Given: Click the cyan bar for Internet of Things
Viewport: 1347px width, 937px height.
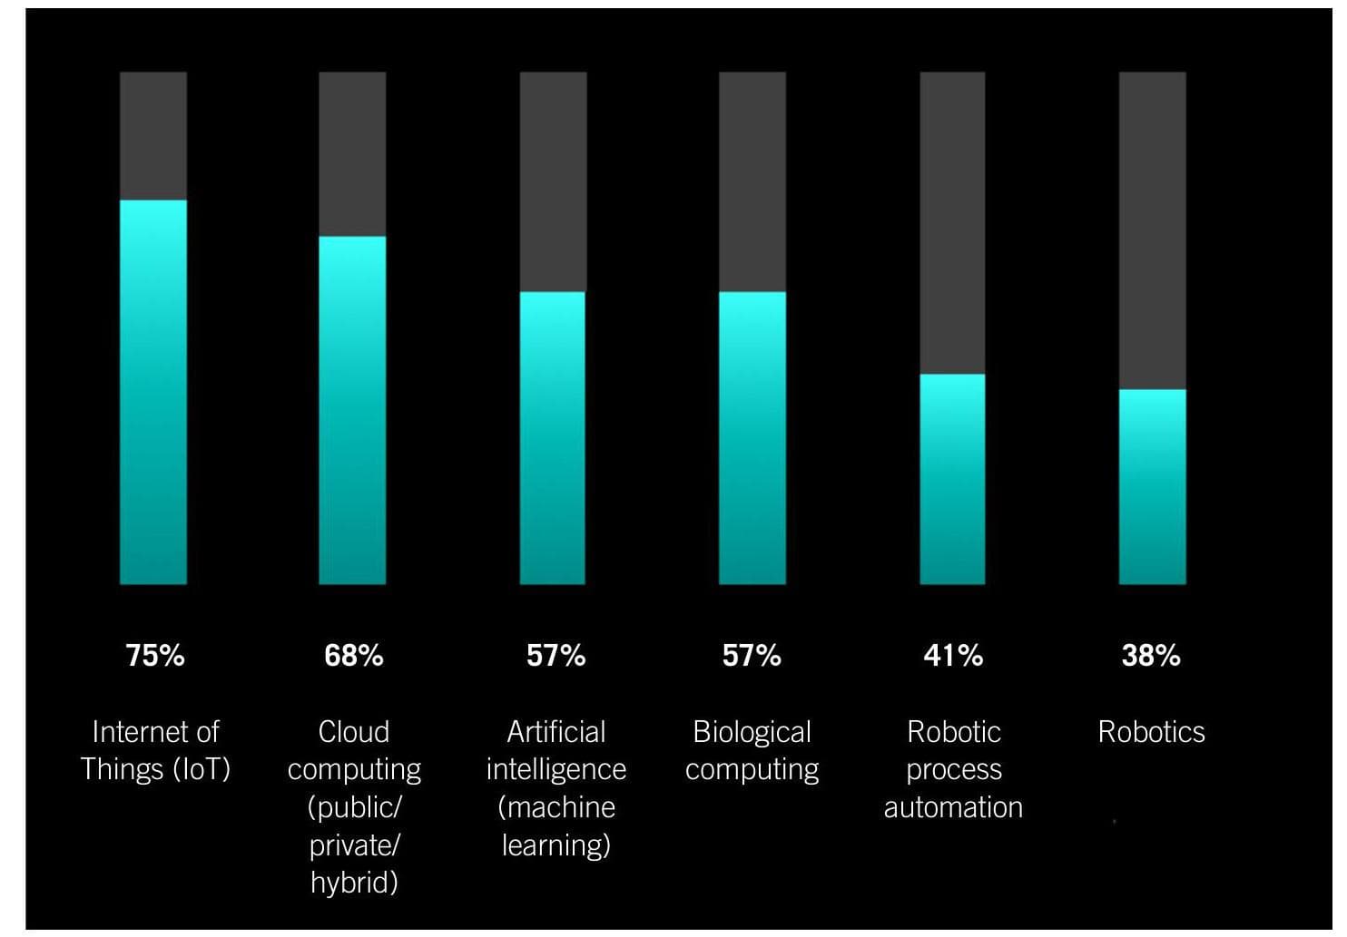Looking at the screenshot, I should (153, 392).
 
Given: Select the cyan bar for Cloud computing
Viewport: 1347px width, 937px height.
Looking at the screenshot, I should (352, 410).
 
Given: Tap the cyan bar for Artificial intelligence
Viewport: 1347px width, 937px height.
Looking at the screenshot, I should (553, 438).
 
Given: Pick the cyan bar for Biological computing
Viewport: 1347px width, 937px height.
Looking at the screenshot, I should (752, 438).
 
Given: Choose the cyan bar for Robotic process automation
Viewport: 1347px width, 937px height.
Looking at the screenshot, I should (952, 479).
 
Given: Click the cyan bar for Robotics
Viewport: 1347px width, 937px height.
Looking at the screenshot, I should (1152, 486).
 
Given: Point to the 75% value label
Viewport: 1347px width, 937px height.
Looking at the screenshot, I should (155, 655).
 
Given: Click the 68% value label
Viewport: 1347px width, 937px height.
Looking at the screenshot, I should (354, 655).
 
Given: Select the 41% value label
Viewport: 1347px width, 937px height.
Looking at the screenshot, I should (953, 655).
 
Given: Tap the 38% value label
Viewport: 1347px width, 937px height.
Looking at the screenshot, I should (1151, 655).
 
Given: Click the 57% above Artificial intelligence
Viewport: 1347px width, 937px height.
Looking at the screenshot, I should (556, 655).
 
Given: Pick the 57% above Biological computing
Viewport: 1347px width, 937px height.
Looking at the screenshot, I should (752, 655).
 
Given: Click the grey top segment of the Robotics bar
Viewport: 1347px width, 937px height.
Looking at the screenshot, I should (1152, 230).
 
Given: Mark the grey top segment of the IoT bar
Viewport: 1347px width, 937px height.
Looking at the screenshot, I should (153, 136).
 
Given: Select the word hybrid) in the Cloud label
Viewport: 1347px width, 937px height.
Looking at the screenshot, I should (354, 882).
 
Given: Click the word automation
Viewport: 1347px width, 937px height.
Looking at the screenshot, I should (953, 806).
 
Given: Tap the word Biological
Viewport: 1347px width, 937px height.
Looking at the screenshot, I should (752, 731).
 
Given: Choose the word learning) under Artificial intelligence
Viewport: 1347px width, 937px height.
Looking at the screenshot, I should (556, 844).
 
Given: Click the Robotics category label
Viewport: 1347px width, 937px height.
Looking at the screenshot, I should (1151, 731).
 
